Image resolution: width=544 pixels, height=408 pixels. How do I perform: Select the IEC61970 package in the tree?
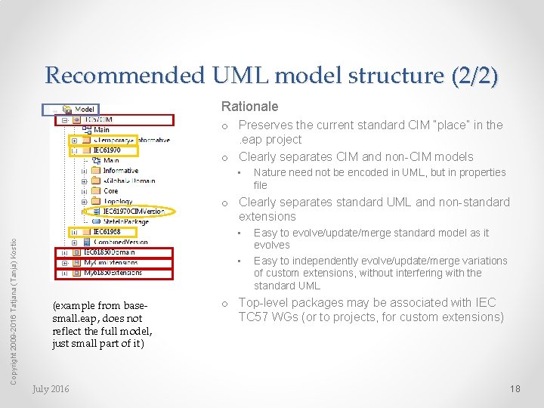click(x=105, y=150)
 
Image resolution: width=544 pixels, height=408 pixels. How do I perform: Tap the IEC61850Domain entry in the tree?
click(x=109, y=252)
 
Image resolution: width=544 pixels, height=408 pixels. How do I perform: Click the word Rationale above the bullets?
click(x=249, y=107)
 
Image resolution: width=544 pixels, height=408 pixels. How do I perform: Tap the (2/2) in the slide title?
click(x=474, y=76)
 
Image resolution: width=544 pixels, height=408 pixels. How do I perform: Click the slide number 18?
click(x=515, y=388)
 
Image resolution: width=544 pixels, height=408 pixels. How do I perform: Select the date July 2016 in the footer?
click(x=51, y=388)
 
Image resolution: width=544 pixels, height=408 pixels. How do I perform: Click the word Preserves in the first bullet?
click(x=264, y=125)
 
